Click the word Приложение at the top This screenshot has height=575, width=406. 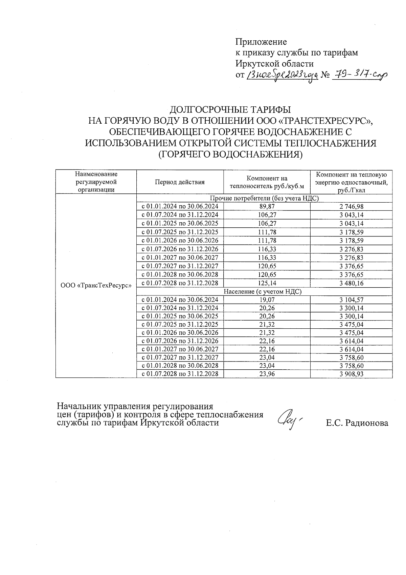[x=261, y=42]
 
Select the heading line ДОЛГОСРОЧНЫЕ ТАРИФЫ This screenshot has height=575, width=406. [x=230, y=110]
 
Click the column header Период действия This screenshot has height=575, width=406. [x=180, y=182]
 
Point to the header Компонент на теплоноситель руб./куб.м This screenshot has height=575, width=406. [x=267, y=182]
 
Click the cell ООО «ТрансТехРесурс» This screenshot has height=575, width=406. [x=96, y=286]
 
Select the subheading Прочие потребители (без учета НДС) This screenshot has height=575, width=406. [x=264, y=198]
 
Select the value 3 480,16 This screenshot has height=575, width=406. [x=351, y=283]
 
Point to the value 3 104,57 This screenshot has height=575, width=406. [x=351, y=300]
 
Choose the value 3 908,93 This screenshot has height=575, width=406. [x=351, y=374]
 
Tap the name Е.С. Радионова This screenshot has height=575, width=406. [x=357, y=423]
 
